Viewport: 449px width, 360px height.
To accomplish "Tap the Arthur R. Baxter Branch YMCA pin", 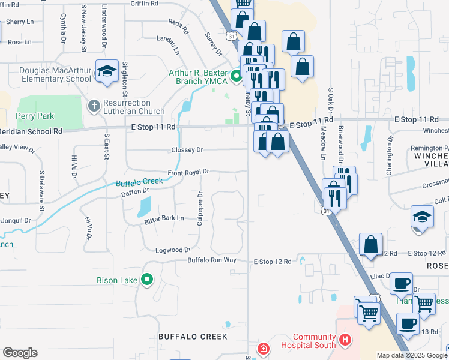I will tap(236, 76).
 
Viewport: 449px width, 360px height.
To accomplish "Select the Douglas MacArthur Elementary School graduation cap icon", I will tap(107, 71).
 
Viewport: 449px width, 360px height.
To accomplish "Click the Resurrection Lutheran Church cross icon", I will tap(94, 106).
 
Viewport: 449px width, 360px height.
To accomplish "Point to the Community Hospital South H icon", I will tap(345, 340).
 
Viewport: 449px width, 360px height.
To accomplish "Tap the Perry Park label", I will tap(35, 116).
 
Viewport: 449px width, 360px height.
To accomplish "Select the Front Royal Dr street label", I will tap(188, 172).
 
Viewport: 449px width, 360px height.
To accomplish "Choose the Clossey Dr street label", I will tap(187, 149).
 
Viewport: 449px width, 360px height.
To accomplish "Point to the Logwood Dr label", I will tap(173, 250).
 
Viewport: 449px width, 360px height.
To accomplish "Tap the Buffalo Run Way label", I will tap(212, 260).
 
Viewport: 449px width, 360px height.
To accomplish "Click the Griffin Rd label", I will tap(146, 3).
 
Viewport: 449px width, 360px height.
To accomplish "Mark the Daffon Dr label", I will tap(134, 191).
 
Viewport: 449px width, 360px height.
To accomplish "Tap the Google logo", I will tap(20, 353).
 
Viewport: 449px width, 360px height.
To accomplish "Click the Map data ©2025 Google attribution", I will tap(411, 355).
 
